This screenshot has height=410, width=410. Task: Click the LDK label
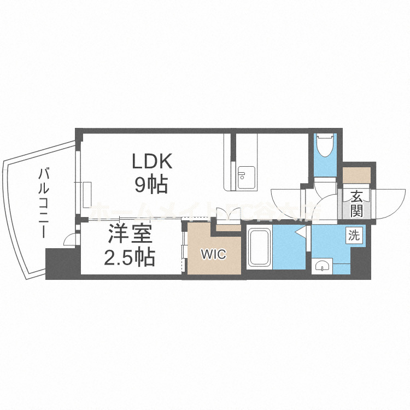point(151,162)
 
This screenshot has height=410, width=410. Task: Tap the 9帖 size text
point(151,185)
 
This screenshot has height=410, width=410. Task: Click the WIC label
point(213,254)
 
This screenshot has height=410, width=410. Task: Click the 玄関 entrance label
point(356,203)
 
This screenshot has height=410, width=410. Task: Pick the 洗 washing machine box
point(354,236)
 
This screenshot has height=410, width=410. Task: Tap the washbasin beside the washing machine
point(323,266)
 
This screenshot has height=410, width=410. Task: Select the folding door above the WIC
point(225,214)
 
